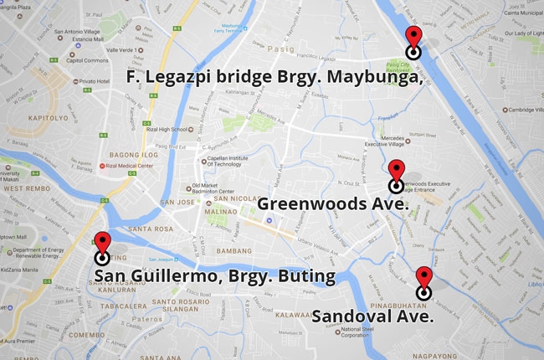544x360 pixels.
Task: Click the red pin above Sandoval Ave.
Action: pyautogui.click(x=423, y=279)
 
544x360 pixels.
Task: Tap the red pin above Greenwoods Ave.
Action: pyautogui.click(x=397, y=171)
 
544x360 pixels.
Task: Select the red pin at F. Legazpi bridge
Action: pyautogui.click(x=413, y=38)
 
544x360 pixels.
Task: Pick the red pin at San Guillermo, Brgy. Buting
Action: pyautogui.click(x=102, y=244)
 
